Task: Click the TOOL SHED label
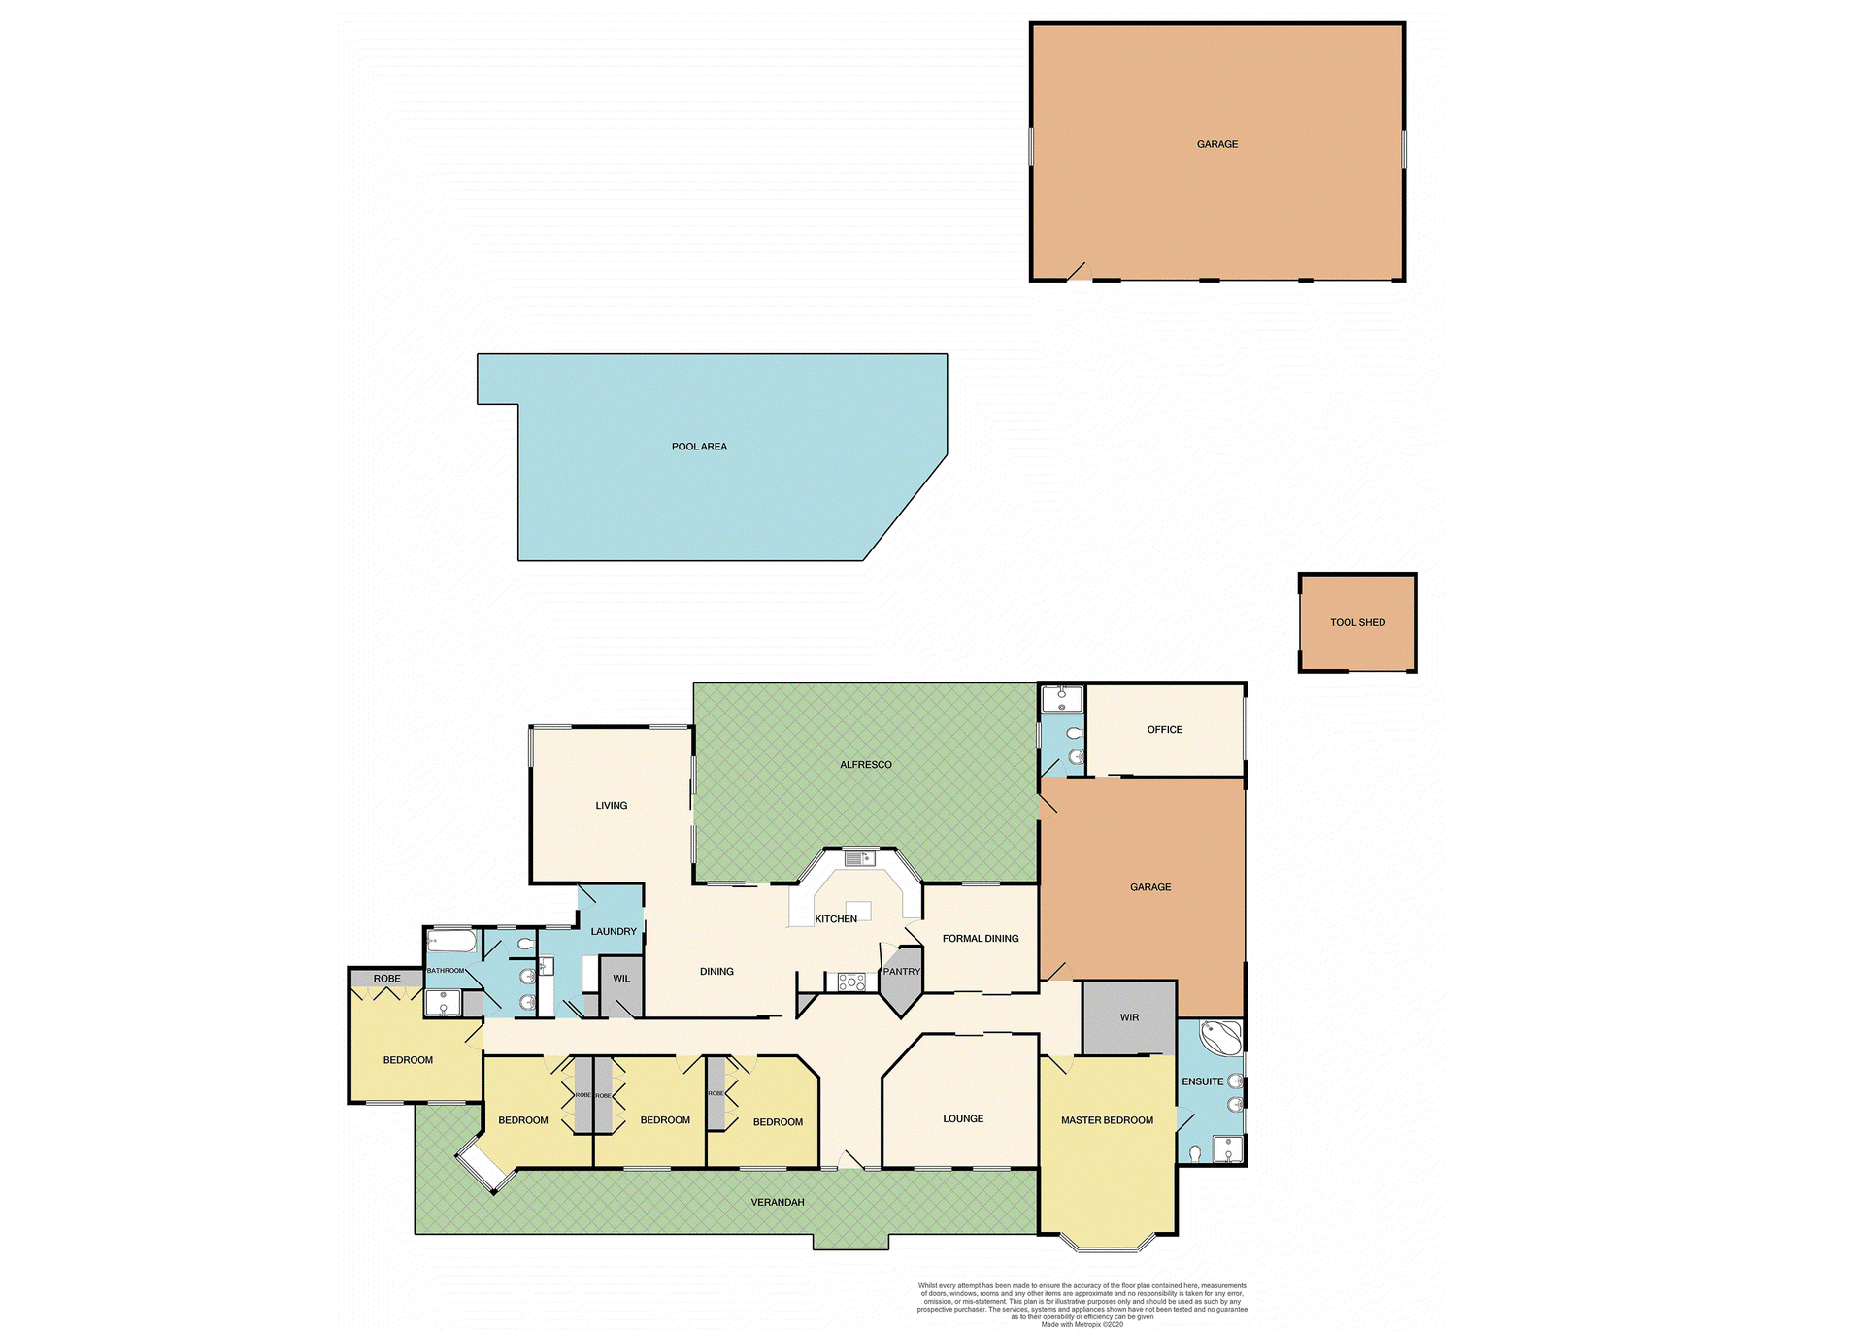pyautogui.click(x=1357, y=622)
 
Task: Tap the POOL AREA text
pyautogui.click(x=699, y=447)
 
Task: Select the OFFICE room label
pyautogui.click(x=1165, y=729)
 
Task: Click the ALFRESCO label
pyautogui.click(x=865, y=765)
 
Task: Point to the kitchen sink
pyautogui.click(x=859, y=858)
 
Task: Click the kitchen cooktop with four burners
pyautogui.click(x=851, y=982)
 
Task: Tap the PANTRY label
pyautogui.click(x=901, y=971)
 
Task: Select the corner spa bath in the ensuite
pyautogui.click(x=1220, y=1038)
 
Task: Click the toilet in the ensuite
pyautogui.click(x=1195, y=1153)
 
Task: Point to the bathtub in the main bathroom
pyautogui.click(x=451, y=942)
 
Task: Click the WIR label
pyautogui.click(x=1129, y=1017)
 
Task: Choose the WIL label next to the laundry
pyautogui.click(x=621, y=979)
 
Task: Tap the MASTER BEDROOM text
pyautogui.click(x=1107, y=1120)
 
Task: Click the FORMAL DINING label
pyautogui.click(x=981, y=939)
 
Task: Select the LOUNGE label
pyautogui.click(x=963, y=1118)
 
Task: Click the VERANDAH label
pyautogui.click(x=778, y=1202)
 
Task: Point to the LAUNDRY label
pyautogui.click(x=614, y=931)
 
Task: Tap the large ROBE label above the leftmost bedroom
pyautogui.click(x=386, y=979)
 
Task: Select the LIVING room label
pyautogui.click(x=612, y=805)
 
